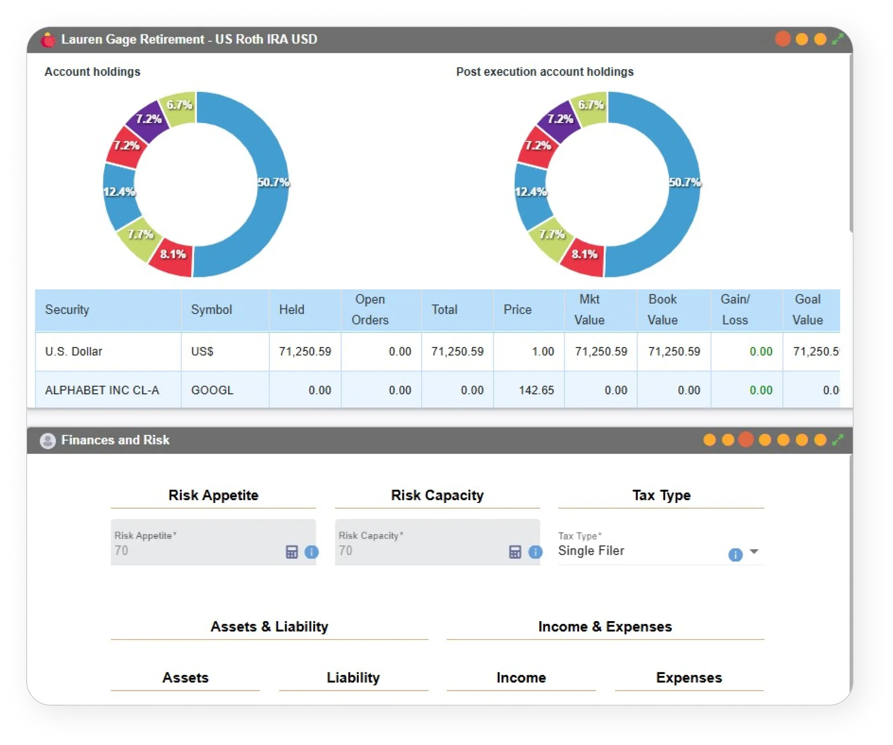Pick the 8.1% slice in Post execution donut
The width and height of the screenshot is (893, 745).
pos(584,255)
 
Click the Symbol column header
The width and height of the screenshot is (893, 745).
pos(211,309)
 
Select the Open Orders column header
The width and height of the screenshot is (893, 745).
pos(369,309)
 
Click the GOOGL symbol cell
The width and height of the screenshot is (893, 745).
pos(212,390)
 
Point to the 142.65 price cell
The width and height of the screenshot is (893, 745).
pos(536,390)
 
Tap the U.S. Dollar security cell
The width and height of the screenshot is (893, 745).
pos(73,352)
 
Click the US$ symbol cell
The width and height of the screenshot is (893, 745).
pos(202,352)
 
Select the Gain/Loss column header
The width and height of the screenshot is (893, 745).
pos(735,309)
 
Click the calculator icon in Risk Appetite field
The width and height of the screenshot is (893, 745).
pos(292,552)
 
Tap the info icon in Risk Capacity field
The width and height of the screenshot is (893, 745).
pos(535,552)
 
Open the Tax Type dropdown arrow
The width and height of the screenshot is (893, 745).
pos(754,551)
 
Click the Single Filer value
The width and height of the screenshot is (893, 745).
pos(591,551)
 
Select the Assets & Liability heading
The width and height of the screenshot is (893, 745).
pos(269,626)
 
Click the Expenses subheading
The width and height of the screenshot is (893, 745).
pos(689,677)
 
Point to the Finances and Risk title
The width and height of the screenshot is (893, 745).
pos(115,440)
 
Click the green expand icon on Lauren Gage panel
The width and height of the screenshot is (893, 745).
pos(837,39)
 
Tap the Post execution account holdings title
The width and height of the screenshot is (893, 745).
pos(545,72)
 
